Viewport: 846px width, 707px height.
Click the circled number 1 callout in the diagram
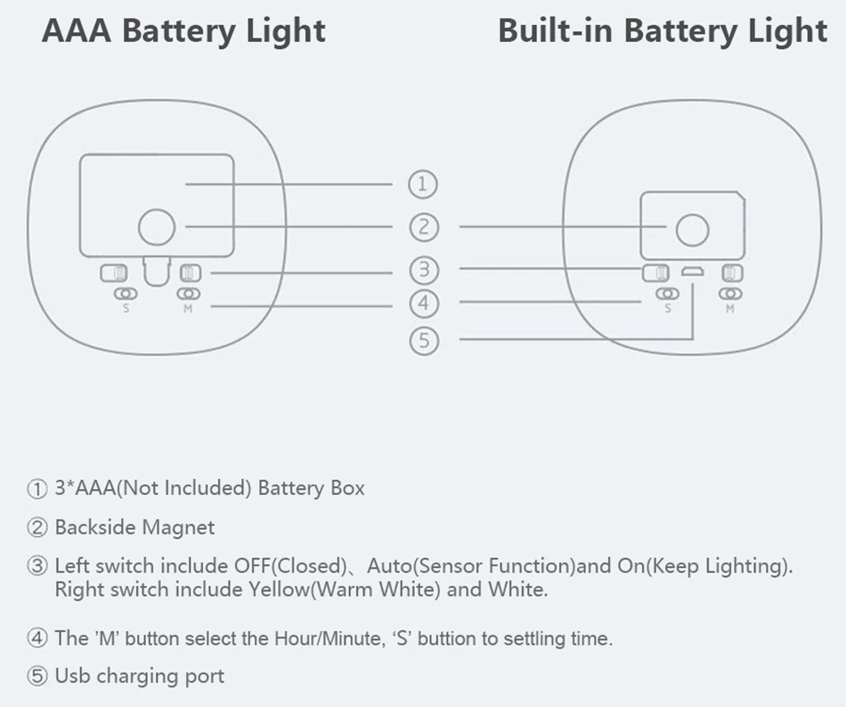[423, 184]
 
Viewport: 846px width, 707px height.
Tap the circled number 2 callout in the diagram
[424, 227]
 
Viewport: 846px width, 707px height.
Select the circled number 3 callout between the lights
[424, 270]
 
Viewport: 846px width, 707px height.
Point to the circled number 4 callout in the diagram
[424, 303]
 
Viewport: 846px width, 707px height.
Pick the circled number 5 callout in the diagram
[424, 341]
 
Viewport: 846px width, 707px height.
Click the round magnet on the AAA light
[157, 227]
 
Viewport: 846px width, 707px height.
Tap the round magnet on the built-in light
[692, 230]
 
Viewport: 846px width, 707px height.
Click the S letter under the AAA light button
[126, 308]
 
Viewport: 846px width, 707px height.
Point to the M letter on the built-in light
[730, 308]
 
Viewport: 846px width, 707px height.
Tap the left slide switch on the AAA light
[114, 272]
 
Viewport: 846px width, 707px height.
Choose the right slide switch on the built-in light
[732, 272]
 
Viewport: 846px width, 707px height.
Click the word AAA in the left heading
[77, 31]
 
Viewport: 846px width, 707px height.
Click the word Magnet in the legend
[177, 527]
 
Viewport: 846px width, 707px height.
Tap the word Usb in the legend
[72, 676]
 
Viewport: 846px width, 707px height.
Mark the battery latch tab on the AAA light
[157, 272]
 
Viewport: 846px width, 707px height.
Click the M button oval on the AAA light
[188, 294]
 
